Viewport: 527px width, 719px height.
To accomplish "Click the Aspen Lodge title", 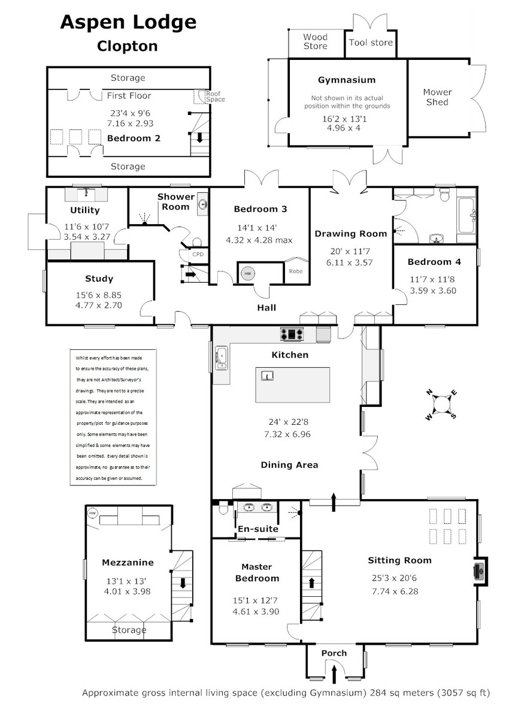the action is pyautogui.click(x=128, y=23).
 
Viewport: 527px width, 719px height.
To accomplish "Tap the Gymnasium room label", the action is pyautogui.click(x=347, y=80).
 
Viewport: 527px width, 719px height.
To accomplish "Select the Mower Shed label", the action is pyautogui.click(x=438, y=97).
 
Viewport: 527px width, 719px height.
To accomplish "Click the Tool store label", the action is pyautogui.click(x=371, y=43).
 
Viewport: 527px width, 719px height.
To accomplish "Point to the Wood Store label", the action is pyautogui.click(x=316, y=42).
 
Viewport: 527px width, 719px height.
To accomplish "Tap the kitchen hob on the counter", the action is pyautogui.click(x=292, y=334).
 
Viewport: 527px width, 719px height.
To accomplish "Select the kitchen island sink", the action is pyautogui.click(x=267, y=375).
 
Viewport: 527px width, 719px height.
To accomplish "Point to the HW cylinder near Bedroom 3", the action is pyautogui.click(x=247, y=273).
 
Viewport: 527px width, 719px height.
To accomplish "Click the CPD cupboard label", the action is pyautogui.click(x=198, y=254).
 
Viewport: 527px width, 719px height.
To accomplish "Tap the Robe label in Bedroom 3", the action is pyautogui.click(x=296, y=271).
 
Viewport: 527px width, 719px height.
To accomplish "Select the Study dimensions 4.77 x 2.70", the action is pyautogui.click(x=99, y=305).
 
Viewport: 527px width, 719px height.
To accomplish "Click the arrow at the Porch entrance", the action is pyautogui.click(x=334, y=675).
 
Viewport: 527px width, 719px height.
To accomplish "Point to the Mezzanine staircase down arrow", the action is pyautogui.click(x=183, y=583).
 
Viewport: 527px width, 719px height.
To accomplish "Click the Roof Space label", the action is pyautogui.click(x=215, y=96).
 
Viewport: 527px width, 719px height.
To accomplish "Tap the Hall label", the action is pyautogui.click(x=266, y=308).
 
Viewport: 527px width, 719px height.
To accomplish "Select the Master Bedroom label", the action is pyautogui.click(x=257, y=573).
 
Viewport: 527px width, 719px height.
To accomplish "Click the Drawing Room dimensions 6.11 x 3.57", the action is pyautogui.click(x=350, y=262).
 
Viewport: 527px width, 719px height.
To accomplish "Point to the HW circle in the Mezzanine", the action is pyautogui.click(x=92, y=513).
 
